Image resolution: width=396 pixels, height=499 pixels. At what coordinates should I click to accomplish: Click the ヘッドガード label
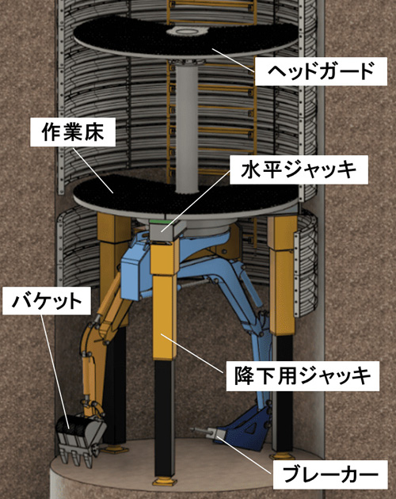point(321,71)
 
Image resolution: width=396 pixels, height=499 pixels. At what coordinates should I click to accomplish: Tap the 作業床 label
point(73,132)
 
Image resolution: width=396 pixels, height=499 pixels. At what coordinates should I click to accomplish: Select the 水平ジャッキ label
point(299,170)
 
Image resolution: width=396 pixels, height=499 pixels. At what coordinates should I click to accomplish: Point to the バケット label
point(47,301)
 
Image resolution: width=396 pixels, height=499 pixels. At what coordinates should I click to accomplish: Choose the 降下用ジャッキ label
point(303,376)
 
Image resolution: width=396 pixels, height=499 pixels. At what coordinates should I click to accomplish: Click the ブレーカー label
point(330,474)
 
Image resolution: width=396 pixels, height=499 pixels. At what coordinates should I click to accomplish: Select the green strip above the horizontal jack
point(161,221)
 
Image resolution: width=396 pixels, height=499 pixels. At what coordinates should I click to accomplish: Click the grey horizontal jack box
point(166,230)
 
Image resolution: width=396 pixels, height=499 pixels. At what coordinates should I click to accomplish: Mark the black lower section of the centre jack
point(164,417)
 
